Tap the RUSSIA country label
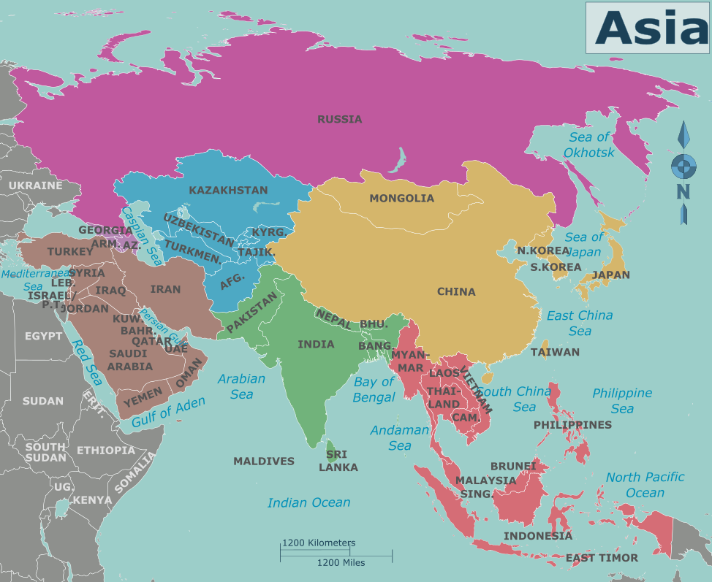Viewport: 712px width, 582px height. click(x=339, y=119)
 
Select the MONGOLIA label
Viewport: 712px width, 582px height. click(x=401, y=198)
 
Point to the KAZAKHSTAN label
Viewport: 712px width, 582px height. click(x=228, y=190)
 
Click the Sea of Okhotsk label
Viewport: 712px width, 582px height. click(x=589, y=145)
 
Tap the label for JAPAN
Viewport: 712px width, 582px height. click(x=610, y=275)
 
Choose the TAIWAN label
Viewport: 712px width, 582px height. click(x=555, y=352)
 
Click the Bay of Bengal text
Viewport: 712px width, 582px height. click(x=374, y=390)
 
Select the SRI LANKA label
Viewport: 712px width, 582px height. click(x=338, y=461)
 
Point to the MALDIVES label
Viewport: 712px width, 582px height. click(x=263, y=461)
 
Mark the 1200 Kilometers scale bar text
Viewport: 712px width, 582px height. click(x=319, y=543)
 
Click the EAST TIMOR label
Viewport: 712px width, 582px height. click(x=602, y=558)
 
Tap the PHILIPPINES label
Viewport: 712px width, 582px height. click(x=572, y=424)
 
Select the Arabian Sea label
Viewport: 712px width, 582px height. click(x=241, y=386)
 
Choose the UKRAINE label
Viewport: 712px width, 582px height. click(x=35, y=185)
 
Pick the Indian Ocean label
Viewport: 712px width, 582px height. click(x=308, y=502)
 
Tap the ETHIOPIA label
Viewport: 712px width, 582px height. click(x=106, y=451)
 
